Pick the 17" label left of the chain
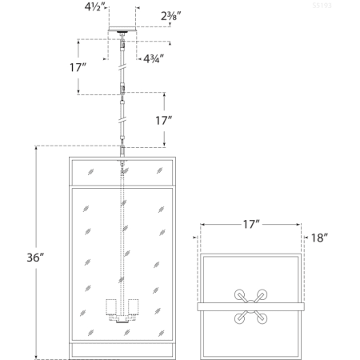[x=78, y=68]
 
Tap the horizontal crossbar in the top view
[x=216, y=306]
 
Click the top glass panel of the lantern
[x=122, y=172]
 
